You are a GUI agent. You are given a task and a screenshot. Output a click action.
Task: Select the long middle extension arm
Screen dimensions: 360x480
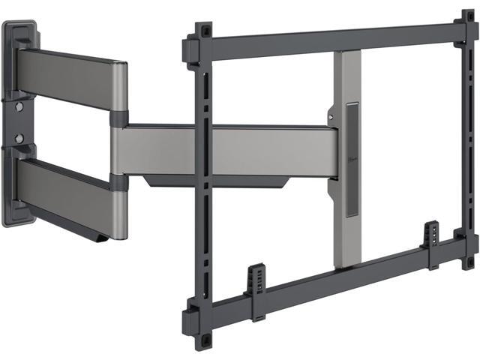[225, 149]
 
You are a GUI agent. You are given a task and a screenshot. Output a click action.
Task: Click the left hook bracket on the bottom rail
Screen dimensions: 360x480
[256, 282]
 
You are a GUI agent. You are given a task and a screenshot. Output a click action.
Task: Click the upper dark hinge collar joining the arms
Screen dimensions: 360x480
[119, 118]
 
